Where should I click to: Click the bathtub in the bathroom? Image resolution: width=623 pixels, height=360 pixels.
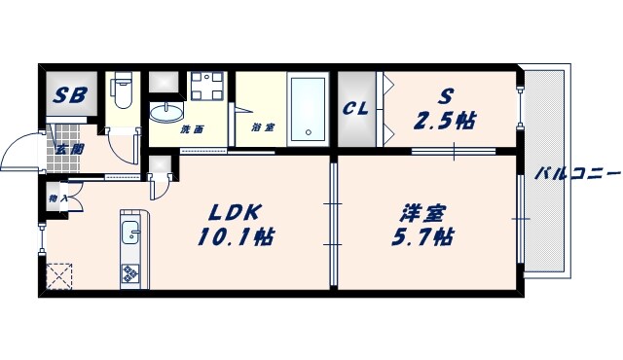point(311,108)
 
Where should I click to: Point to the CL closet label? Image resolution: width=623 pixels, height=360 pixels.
point(355,108)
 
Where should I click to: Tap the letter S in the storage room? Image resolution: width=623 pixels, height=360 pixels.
point(445,95)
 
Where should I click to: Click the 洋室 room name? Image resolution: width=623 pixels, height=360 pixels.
point(417,210)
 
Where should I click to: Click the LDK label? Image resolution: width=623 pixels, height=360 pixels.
point(236,210)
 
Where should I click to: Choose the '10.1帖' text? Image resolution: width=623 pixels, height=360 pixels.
point(236,235)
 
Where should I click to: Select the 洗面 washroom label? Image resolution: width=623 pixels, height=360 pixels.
point(191,129)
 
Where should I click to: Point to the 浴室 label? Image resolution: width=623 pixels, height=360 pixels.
point(261,127)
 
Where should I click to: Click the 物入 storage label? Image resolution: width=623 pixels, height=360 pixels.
point(55,200)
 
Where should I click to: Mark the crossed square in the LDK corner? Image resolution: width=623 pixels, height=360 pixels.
point(59,275)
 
